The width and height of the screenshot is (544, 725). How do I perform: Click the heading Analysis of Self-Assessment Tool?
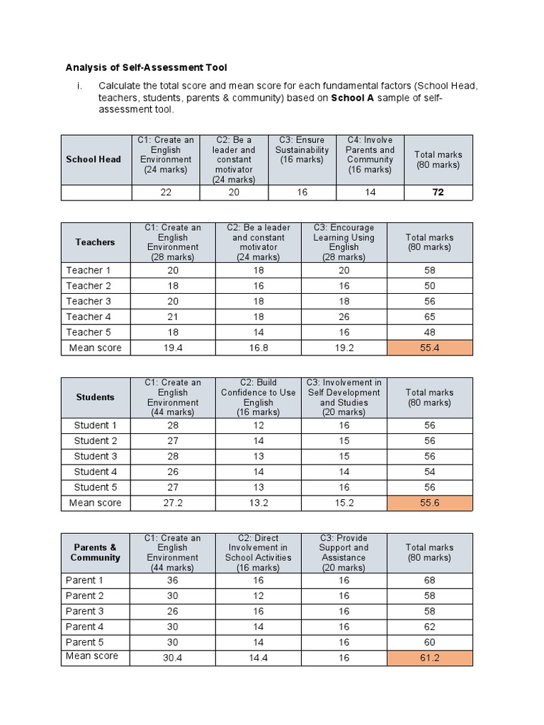(x=147, y=68)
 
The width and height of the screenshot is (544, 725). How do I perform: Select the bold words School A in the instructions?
(x=353, y=98)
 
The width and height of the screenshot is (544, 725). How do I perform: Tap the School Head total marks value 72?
(x=438, y=193)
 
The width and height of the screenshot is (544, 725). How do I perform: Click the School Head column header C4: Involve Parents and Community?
(x=370, y=155)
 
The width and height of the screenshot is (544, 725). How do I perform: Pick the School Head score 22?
(x=166, y=193)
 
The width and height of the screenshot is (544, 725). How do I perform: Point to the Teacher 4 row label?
(x=89, y=316)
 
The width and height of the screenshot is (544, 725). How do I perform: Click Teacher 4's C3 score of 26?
(x=344, y=316)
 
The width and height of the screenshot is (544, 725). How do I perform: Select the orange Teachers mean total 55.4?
(x=429, y=348)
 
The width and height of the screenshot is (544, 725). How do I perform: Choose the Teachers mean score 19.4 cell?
(x=173, y=348)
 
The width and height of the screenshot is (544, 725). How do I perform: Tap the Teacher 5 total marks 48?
(x=429, y=332)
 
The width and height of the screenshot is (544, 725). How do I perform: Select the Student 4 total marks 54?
(x=429, y=472)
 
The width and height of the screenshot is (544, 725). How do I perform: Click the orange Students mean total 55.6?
(x=429, y=503)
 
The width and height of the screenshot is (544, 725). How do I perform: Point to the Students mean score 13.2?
(x=258, y=503)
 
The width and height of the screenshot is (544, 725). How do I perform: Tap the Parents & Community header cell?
(x=96, y=552)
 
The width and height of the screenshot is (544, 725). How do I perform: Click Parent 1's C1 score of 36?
(x=173, y=580)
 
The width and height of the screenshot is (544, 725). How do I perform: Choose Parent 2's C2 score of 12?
(x=258, y=595)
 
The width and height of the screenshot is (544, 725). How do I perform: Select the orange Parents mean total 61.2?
(x=429, y=658)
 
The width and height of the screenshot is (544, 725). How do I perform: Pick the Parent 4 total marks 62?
(x=429, y=627)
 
